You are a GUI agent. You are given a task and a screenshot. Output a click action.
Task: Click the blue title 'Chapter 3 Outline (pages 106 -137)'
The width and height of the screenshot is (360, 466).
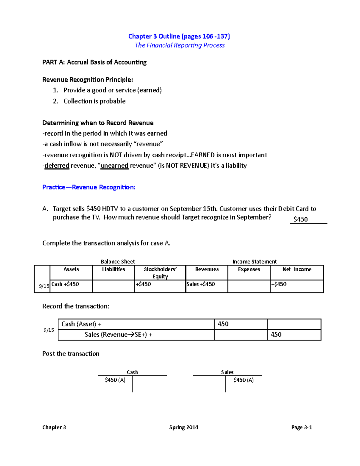tap(179, 36)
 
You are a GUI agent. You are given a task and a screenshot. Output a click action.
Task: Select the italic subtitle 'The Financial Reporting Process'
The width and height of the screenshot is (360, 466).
tap(179, 45)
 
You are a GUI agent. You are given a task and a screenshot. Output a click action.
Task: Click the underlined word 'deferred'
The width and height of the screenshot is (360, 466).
tap(57, 166)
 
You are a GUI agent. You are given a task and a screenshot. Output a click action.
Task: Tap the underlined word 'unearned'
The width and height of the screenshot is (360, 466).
tap(114, 166)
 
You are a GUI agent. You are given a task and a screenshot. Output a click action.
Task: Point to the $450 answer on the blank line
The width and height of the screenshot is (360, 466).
tap(300, 219)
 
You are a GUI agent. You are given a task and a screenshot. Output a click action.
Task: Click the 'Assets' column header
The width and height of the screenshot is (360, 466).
tap(71, 269)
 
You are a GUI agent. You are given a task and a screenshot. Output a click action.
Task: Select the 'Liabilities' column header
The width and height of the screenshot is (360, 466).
tap(113, 269)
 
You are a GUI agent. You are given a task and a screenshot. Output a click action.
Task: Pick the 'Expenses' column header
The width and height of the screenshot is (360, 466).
tap(249, 269)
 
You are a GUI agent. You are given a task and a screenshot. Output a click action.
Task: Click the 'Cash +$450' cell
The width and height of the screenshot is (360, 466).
tap(65, 284)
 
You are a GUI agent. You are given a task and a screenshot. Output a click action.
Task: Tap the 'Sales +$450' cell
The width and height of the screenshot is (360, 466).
tap(200, 284)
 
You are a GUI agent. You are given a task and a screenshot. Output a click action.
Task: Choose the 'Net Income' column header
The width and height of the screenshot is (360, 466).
tap(297, 269)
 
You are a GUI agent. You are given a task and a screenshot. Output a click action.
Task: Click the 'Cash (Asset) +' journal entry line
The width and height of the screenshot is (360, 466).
tap(81, 324)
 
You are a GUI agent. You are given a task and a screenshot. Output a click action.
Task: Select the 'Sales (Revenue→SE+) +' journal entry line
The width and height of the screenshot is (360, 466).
tap(118, 335)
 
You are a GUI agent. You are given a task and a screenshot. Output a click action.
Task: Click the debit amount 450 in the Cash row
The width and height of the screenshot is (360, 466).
tap(223, 324)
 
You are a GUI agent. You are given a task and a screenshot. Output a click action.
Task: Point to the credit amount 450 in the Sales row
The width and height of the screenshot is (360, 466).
tap(276, 335)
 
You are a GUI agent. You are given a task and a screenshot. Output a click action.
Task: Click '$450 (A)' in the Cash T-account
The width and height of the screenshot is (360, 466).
tap(115, 380)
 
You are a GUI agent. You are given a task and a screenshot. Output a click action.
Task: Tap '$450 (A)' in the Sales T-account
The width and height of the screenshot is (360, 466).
tap(243, 380)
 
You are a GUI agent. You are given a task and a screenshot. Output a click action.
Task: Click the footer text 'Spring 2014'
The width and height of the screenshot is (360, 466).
tap(184, 427)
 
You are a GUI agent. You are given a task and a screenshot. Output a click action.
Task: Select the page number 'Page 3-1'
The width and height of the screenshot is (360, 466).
tap(301, 427)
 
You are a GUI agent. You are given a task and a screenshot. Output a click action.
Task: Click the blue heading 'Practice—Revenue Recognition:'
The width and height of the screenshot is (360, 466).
tap(88, 187)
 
